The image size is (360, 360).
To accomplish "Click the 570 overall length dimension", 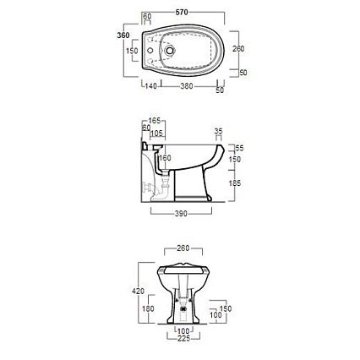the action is pos(182,12).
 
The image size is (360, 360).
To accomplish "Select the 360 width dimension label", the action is pos(123,35).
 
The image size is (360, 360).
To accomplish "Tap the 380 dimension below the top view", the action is pos(187,86).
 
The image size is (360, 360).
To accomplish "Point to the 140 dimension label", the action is pos(150,86).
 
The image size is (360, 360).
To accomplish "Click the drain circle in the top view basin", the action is pos(169,51).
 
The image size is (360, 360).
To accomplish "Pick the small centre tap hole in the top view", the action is pos(150,51).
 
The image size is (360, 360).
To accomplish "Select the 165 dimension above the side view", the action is pos(155,121).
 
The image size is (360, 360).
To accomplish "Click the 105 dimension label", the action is pos(157,133).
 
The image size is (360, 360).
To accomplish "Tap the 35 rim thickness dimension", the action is pos(218,131).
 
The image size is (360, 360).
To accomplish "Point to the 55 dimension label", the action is pos(239,148).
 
